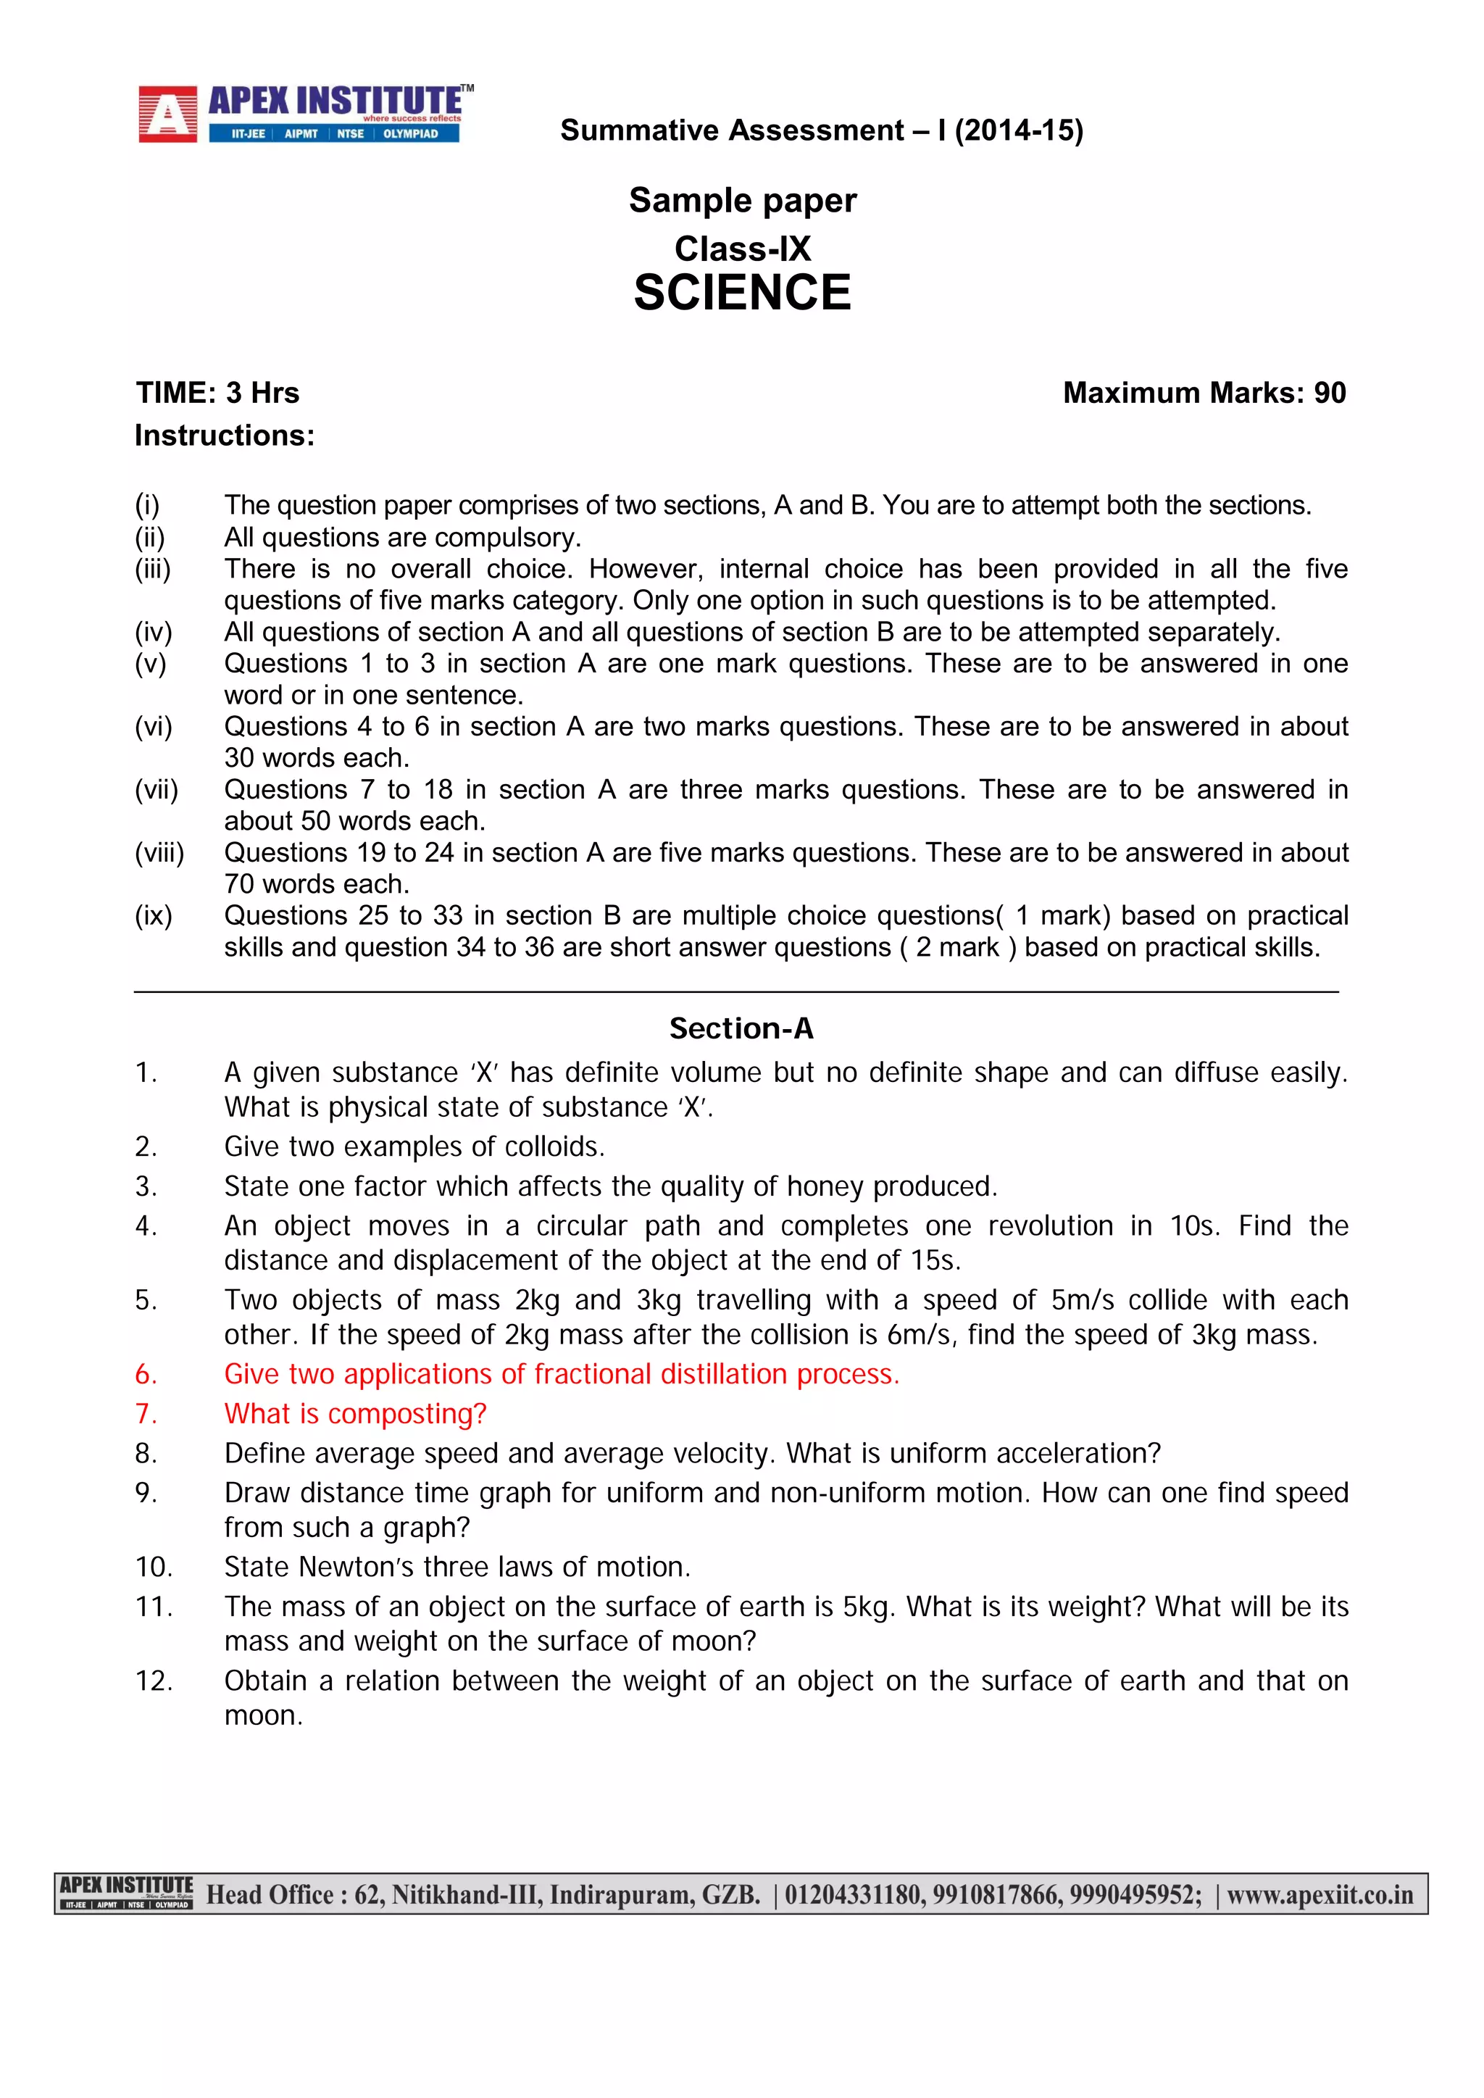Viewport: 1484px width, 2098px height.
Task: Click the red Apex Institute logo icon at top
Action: tap(167, 115)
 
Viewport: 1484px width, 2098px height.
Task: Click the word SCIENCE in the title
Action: tap(742, 294)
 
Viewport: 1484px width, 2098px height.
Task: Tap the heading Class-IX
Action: tap(742, 249)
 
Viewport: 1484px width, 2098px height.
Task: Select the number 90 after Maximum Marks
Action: tap(1330, 393)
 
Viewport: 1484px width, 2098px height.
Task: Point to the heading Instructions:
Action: tap(224, 436)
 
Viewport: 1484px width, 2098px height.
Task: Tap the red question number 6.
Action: tap(146, 1374)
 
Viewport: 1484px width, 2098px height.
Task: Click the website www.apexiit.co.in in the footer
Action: tap(1320, 1895)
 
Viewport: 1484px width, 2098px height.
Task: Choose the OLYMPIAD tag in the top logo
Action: tap(410, 134)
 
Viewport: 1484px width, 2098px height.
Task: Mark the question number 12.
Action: tap(154, 1681)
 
